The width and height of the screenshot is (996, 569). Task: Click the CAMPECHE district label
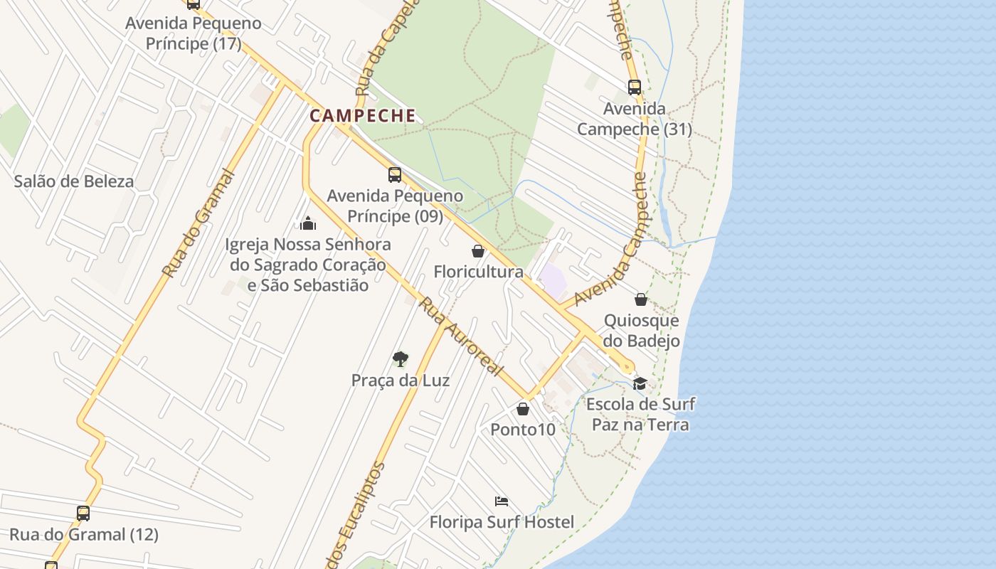tap(363, 115)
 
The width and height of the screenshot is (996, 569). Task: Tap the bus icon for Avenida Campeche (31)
tap(634, 87)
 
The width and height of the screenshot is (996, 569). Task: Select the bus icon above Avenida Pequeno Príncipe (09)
tap(394, 175)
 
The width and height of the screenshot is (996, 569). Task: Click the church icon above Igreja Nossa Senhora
tap(308, 223)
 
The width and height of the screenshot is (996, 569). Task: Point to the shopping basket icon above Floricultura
tap(478, 251)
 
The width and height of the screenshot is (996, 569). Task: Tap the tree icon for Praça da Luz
tap(400, 358)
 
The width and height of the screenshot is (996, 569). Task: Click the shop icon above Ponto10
tap(523, 409)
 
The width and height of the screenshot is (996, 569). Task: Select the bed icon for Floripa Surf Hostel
tap(502, 501)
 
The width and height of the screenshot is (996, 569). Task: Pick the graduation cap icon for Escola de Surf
tap(640, 383)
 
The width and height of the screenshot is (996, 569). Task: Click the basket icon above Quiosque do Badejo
tap(641, 299)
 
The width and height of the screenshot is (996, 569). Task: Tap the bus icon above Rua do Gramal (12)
tap(83, 513)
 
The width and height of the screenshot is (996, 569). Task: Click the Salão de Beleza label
tap(74, 181)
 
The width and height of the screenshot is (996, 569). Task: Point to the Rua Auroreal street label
tap(460, 337)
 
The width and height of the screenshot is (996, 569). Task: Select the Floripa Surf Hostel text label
tap(502, 522)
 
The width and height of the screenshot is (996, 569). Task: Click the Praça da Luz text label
tap(401, 381)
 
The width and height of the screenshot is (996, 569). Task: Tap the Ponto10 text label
tap(523, 430)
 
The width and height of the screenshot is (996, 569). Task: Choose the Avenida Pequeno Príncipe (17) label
tap(194, 33)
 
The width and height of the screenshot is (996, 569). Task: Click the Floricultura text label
tap(478, 272)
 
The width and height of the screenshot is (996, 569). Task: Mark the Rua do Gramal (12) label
tap(84, 534)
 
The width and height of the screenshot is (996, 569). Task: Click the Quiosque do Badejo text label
tap(641, 331)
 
